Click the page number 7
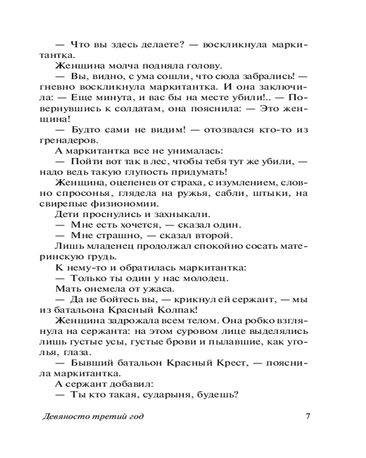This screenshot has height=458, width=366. [x=308, y=416]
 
